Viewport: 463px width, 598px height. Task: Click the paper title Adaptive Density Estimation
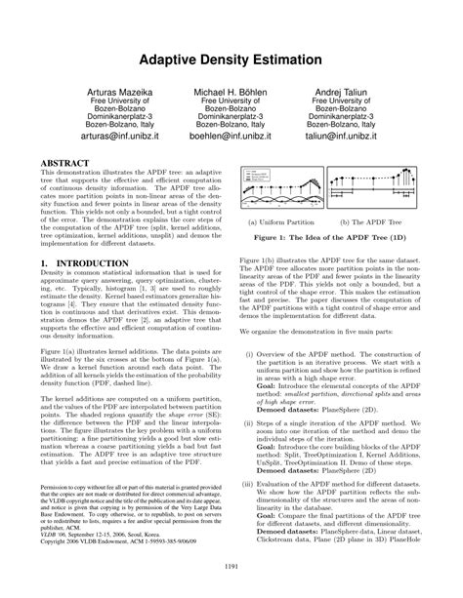pos(231,60)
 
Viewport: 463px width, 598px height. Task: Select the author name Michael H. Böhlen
pos(231,90)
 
